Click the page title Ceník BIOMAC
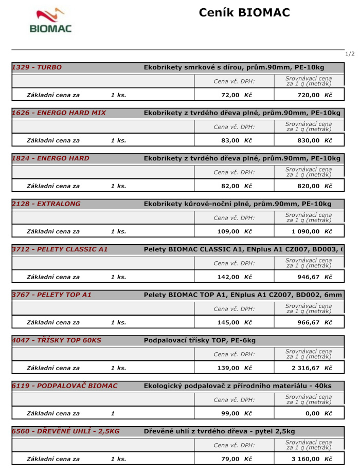point(244,13)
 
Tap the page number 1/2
point(350,54)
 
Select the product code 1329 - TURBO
point(37,67)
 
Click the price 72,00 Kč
point(236,95)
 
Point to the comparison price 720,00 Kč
point(314,95)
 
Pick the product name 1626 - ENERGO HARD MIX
point(59,113)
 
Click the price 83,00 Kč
point(236,140)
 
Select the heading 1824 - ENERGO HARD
point(50,158)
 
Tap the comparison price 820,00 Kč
point(314,186)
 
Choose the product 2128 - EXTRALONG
point(46,204)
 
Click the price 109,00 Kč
point(235,231)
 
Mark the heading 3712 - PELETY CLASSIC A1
point(60,249)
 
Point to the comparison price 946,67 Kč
point(314,277)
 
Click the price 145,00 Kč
point(235,322)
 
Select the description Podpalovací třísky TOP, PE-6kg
point(200,340)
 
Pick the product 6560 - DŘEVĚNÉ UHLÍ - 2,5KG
point(65,431)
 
